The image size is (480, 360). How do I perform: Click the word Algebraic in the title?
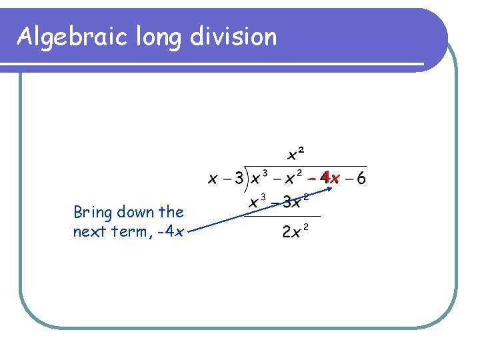pyautogui.click(x=72, y=37)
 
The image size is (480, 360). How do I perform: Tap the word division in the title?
pyautogui.click(x=233, y=37)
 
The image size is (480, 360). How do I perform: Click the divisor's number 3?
pyautogui.click(x=238, y=179)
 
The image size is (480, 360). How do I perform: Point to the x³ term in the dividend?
pyautogui.click(x=259, y=178)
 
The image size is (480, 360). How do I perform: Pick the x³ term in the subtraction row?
pyautogui.click(x=257, y=201)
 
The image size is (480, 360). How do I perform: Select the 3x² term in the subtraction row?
pyautogui.click(x=296, y=201)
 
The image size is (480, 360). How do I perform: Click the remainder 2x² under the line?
pyautogui.click(x=295, y=231)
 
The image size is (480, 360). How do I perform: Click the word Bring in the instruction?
pyautogui.click(x=93, y=213)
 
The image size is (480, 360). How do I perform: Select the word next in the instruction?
pyautogui.click(x=90, y=231)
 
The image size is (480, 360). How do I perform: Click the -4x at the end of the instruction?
pyautogui.click(x=170, y=232)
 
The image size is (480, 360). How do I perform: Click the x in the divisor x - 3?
pyautogui.click(x=212, y=179)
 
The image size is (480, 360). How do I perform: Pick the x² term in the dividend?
pyautogui.click(x=294, y=178)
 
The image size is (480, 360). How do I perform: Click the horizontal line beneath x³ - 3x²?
pyautogui.click(x=283, y=215)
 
